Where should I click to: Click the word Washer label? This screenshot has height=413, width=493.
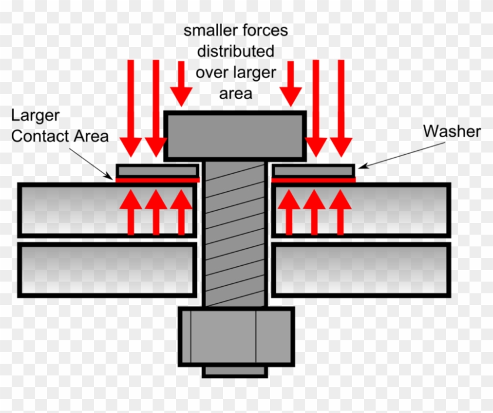pos(452,131)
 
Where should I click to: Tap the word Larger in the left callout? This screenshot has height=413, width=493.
pos(35,115)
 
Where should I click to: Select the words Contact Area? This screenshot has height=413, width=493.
pos(60,136)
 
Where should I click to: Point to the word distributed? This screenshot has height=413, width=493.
pos(235,51)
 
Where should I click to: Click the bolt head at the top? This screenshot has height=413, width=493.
pos(235,136)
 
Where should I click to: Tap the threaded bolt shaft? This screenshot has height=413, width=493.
pos(235,235)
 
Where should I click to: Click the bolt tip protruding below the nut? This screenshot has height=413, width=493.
pos(235,371)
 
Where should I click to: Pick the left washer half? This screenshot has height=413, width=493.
pos(157,171)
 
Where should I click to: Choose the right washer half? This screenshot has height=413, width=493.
pos(313,171)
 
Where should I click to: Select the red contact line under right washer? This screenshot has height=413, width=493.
pos(313,180)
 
